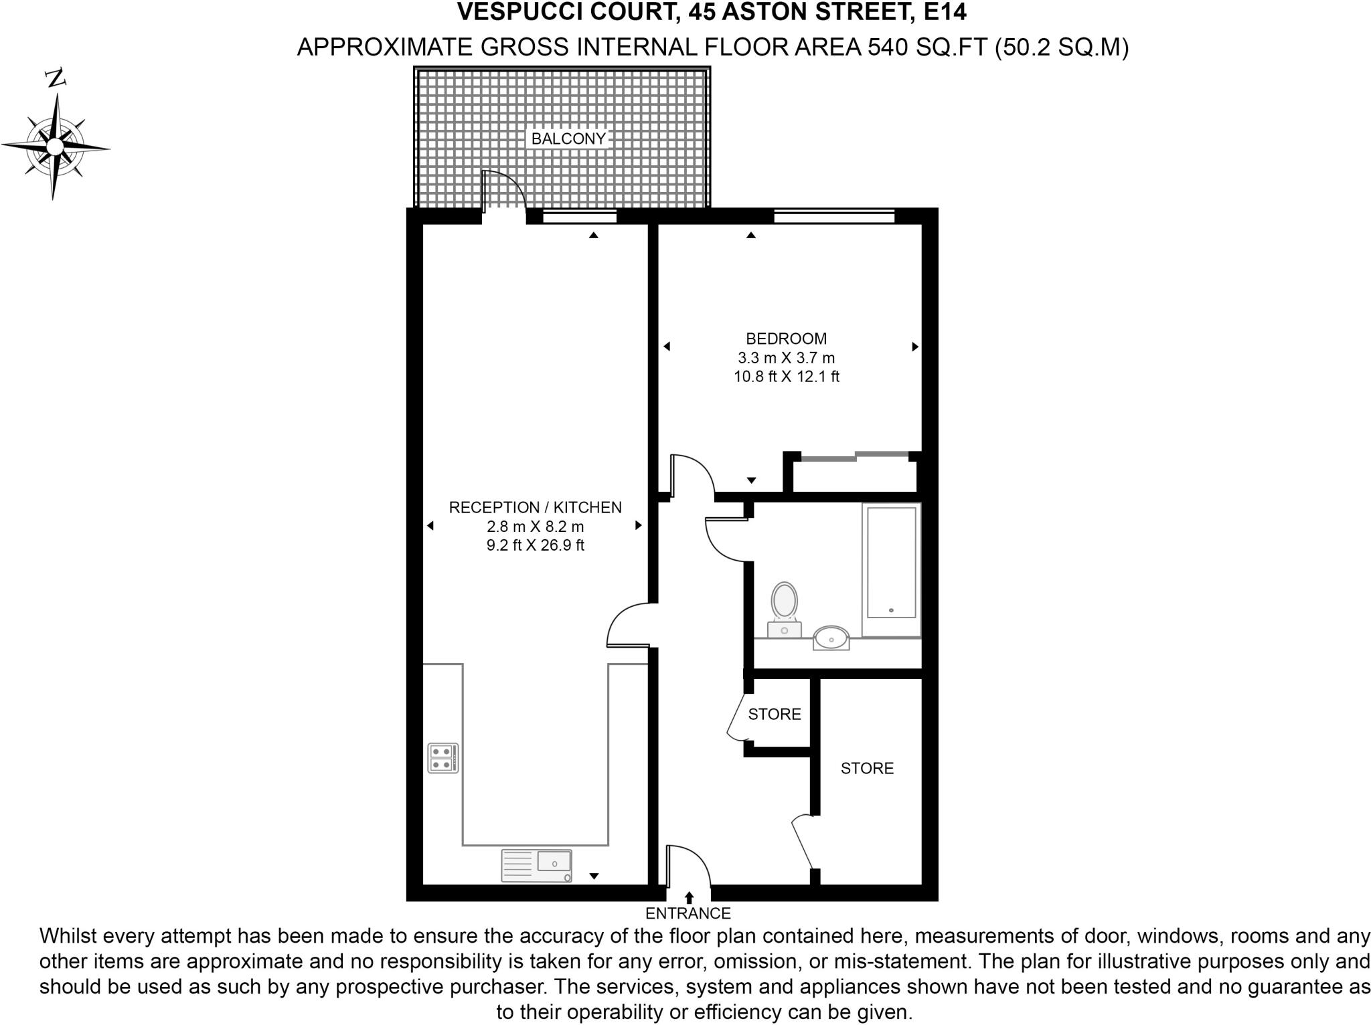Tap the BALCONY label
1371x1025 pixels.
pos(568,138)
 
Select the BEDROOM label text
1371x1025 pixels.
pos(786,339)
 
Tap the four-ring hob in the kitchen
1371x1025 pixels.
pos(443,758)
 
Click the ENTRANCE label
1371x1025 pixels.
pos(688,913)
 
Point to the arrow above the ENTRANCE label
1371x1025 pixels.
pos(690,897)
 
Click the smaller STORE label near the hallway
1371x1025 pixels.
pos(775,714)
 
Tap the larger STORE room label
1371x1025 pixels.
pos(867,768)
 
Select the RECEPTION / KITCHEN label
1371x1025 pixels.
pos(535,507)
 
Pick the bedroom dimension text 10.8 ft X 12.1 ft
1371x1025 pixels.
pos(786,377)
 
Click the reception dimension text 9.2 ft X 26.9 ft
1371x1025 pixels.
pos(535,545)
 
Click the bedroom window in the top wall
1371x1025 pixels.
pos(834,216)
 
